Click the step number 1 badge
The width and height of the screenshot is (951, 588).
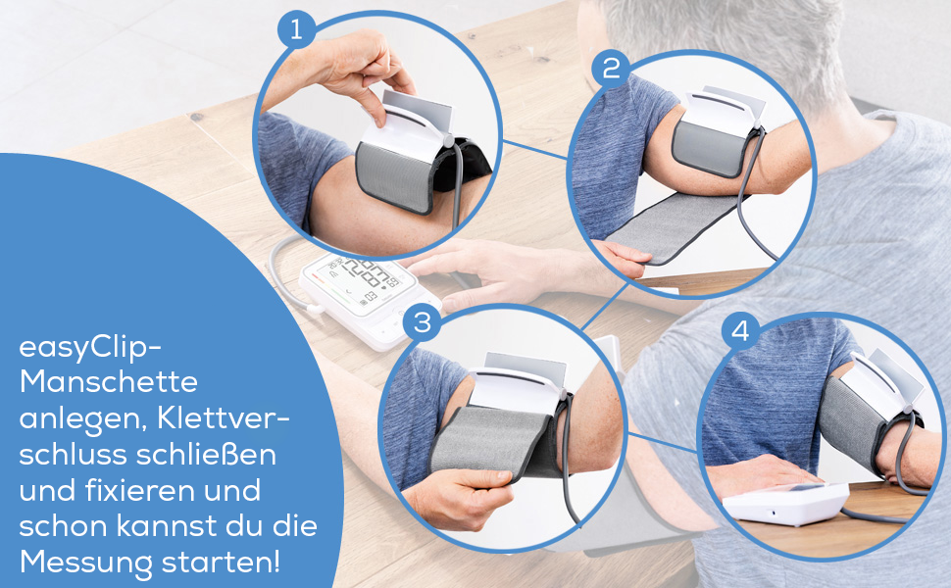(297, 29)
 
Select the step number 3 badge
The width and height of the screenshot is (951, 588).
(423, 324)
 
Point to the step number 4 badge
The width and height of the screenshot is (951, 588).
(740, 332)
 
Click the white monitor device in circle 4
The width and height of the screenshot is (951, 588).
(784, 505)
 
